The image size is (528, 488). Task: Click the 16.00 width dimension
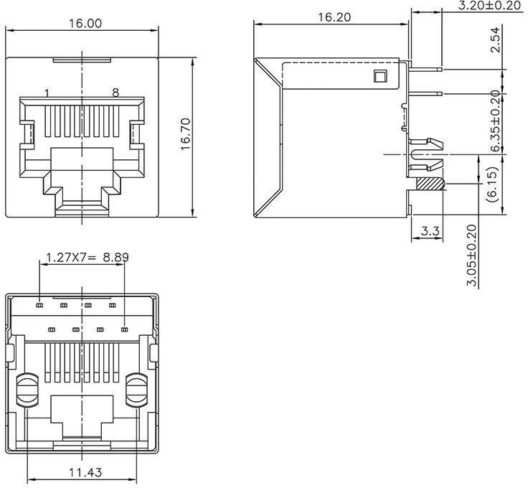coord(85,23)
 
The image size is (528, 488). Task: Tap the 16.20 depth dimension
coord(332,17)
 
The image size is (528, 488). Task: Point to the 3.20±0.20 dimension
coord(489,6)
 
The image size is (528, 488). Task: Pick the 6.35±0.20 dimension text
coord(495,121)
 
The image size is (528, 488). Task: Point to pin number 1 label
coord(47,93)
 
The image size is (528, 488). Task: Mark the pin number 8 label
coord(115,93)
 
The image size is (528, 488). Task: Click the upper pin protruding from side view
coord(426,70)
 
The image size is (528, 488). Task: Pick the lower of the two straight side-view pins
coord(426,94)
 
